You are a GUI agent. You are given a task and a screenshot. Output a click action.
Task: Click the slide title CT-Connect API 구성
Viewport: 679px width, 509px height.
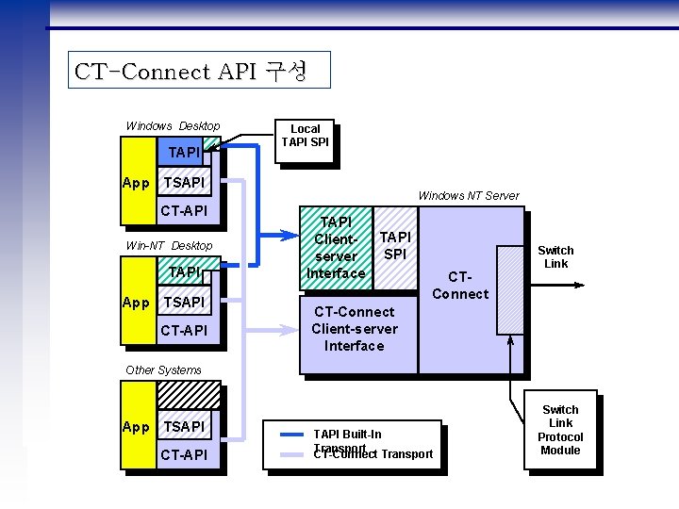point(190,72)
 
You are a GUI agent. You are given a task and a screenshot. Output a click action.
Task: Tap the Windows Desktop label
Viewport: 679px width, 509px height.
point(173,126)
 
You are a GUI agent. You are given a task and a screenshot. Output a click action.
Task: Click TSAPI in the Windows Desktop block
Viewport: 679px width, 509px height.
point(184,183)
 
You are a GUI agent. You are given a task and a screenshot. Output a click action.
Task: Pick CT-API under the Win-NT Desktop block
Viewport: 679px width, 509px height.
point(184,330)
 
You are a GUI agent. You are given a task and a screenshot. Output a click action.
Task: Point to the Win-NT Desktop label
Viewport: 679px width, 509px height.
point(170,246)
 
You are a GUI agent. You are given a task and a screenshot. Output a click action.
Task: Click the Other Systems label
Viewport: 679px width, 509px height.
point(163,370)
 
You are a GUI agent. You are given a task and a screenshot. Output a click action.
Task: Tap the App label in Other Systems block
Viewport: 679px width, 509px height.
point(137,427)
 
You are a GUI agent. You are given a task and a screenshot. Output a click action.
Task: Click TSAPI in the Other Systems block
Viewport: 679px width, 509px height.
point(184,427)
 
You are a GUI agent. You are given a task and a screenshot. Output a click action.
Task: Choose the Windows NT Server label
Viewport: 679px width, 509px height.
point(468,195)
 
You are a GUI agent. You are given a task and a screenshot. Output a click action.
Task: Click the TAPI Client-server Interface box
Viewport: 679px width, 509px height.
point(336,248)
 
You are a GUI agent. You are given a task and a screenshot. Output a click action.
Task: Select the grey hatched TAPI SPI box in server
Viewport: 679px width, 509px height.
point(396,247)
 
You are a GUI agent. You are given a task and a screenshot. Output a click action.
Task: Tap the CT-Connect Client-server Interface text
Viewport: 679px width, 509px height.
point(355,329)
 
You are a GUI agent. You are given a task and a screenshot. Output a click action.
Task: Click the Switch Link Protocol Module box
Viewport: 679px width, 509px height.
point(560,430)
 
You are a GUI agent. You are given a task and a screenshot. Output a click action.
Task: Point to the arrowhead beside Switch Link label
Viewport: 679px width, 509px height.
point(586,283)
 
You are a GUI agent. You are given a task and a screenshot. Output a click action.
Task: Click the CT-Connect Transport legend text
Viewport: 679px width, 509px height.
point(373,455)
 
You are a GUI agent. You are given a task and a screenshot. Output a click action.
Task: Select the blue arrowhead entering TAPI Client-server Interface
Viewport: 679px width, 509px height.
point(291,235)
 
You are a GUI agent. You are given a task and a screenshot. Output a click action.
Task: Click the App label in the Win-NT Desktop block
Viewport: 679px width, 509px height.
point(137,303)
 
